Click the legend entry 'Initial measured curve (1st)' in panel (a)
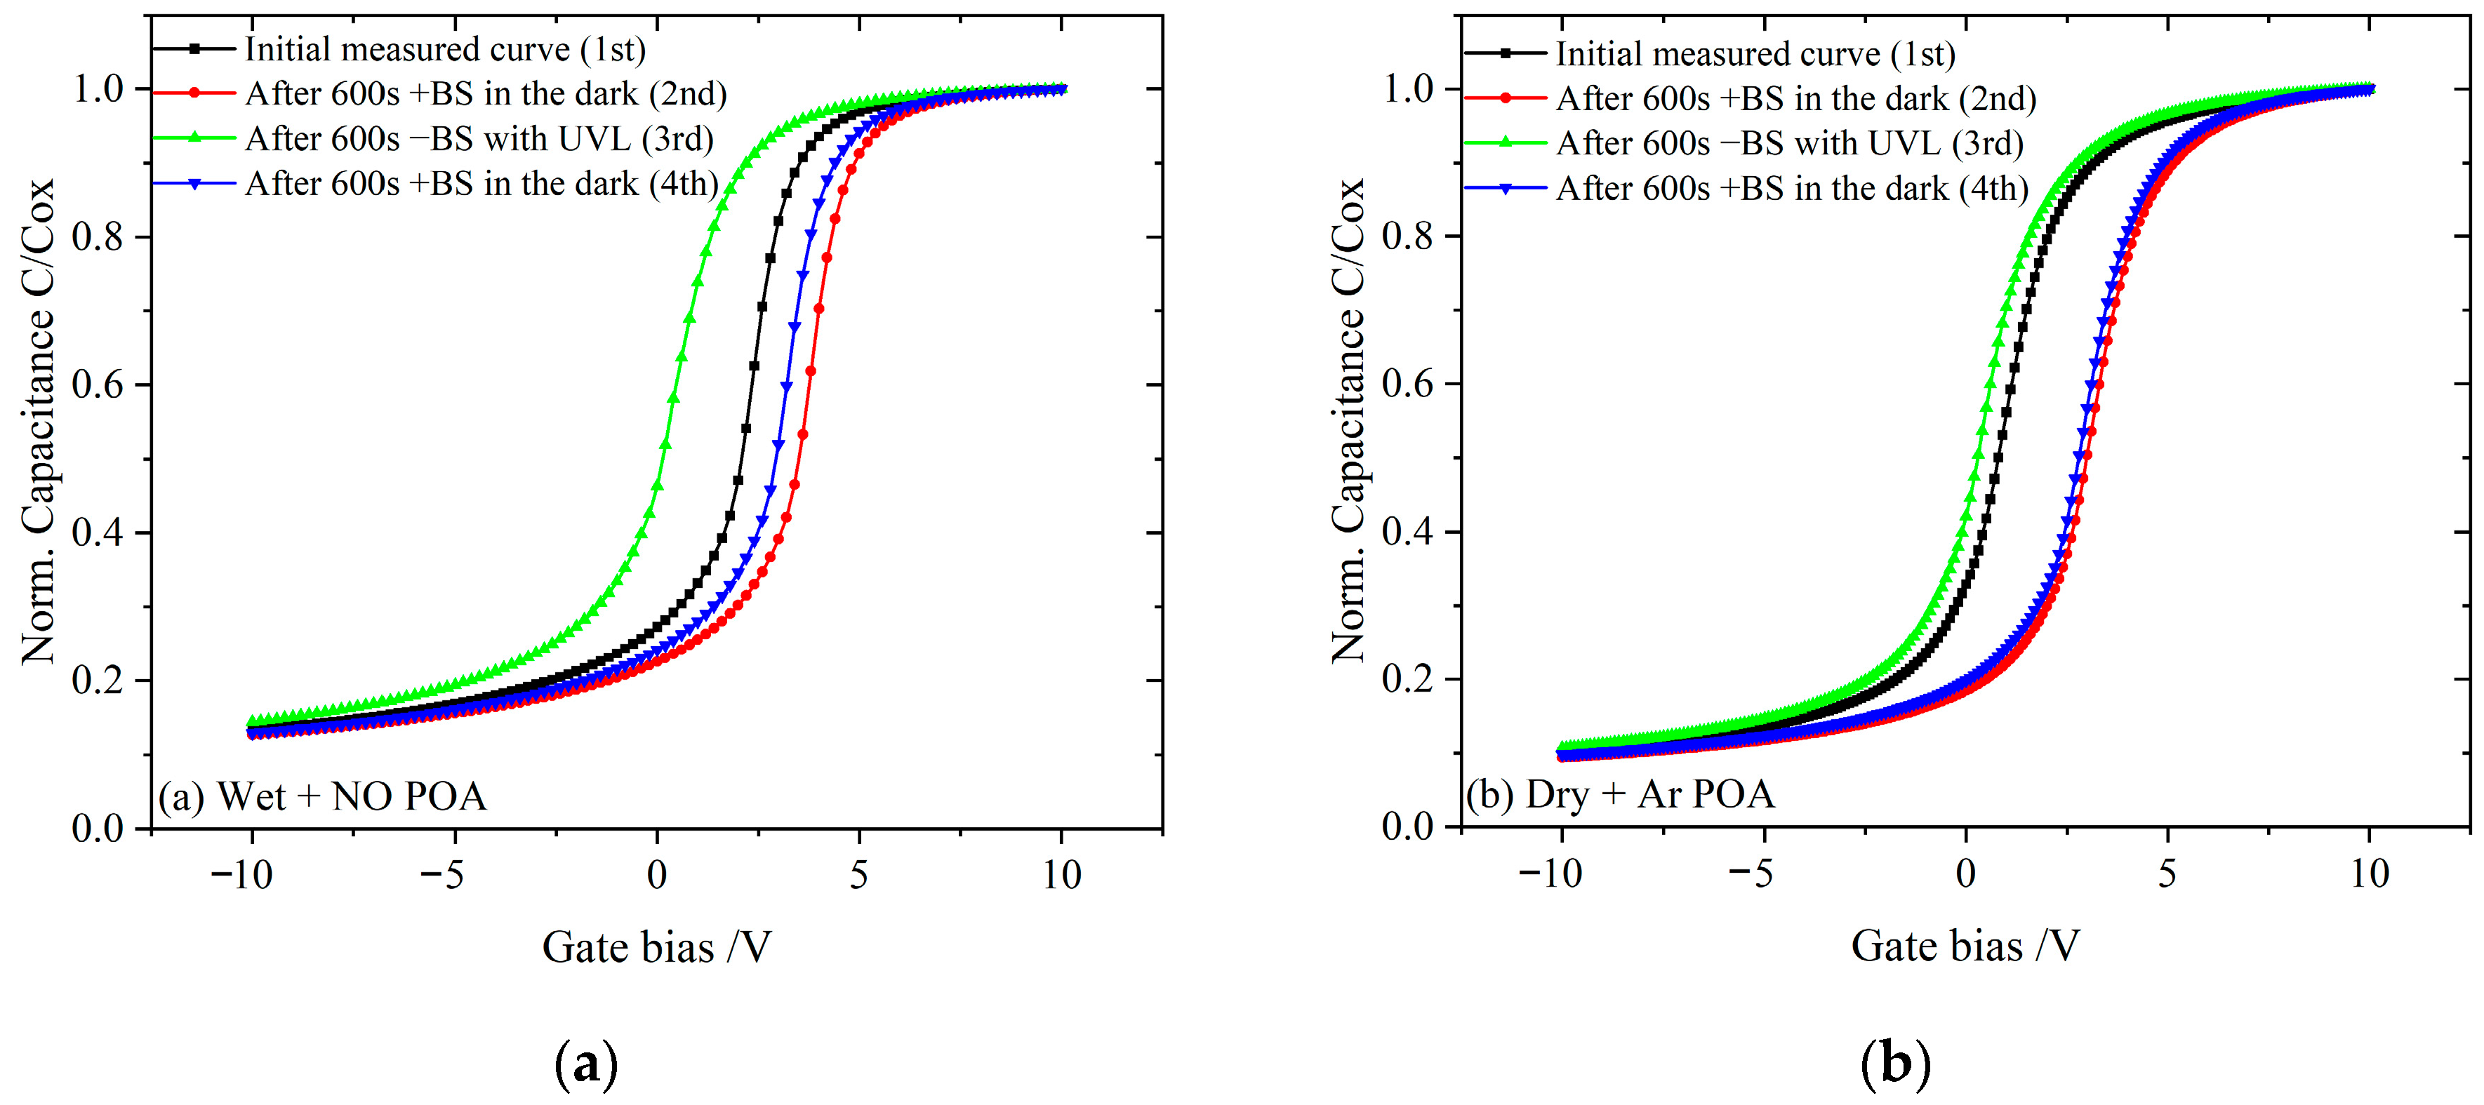click(x=444, y=49)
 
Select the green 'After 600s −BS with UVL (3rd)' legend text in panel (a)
click(x=479, y=139)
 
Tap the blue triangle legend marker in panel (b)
click(x=1506, y=188)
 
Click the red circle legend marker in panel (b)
click(x=1506, y=98)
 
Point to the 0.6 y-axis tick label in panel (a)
click(x=98, y=384)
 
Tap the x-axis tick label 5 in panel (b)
click(x=2167, y=873)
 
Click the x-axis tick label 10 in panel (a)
click(x=1062, y=875)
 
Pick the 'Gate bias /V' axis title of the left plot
click(x=657, y=947)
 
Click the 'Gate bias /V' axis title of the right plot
click(x=1965, y=946)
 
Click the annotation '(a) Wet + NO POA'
click(x=322, y=796)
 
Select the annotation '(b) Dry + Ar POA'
click(x=1620, y=794)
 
